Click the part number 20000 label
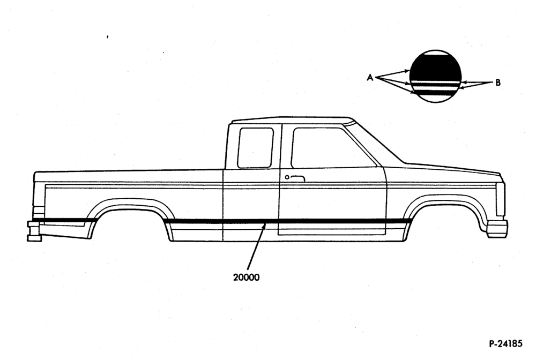coord(246,277)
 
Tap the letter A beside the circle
coord(370,78)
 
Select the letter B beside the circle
coord(498,82)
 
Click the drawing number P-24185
coord(505,343)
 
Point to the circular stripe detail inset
coord(435,76)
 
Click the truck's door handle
coord(297,178)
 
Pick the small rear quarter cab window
coord(255,147)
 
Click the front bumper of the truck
coord(497,229)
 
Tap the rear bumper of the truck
coord(34,231)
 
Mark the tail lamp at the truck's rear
coord(39,212)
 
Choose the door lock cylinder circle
coord(287,177)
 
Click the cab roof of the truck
coord(292,120)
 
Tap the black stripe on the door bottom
coord(332,221)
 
